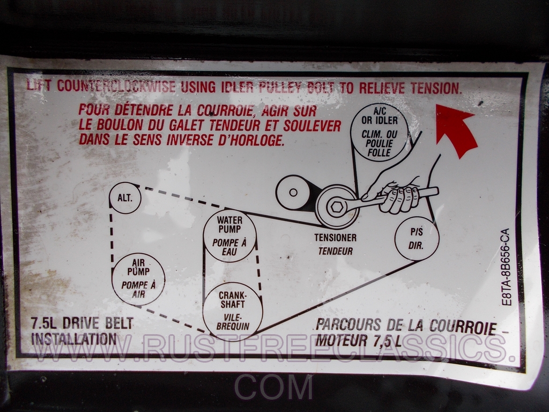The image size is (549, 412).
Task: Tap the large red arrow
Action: pos(455,130)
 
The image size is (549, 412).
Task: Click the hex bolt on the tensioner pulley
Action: pos(337,207)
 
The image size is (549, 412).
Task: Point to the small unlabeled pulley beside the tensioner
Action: pos(293,193)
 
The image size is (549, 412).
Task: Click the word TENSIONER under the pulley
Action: pos(335,238)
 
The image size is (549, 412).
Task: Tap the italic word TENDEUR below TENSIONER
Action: pos(336,251)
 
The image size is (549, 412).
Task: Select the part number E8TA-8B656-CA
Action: pos(506,267)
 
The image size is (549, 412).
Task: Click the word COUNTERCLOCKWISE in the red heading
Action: pos(116,86)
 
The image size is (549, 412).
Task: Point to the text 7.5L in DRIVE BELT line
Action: pos(43,323)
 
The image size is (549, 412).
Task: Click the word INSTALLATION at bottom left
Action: pos(74,339)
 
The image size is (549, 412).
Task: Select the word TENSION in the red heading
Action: pos(435,89)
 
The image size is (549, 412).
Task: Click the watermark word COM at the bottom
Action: pos(273,387)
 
